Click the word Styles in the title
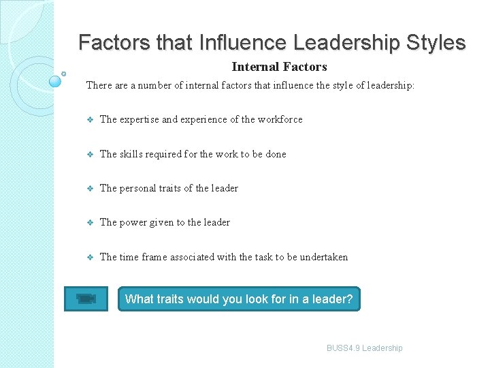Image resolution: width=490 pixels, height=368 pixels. [x=433, y=42]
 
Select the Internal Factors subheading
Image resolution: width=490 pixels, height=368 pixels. [x=279, y=67]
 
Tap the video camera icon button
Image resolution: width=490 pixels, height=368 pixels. [x=86, y=298]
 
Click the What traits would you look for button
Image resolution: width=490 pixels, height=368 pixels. [x=239, y=298]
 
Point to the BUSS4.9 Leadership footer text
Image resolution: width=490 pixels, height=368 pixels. [x=364, y=348]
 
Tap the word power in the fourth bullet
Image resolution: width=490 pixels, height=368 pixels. [x=133, y=222]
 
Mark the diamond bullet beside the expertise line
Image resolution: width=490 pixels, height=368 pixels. [x=90, y=120]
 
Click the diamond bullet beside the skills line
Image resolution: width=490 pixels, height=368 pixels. [x=90, y=155]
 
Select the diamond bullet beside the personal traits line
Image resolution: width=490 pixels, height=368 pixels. [x=90, y=189]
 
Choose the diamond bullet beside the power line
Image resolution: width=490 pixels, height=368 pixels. [x=90, y=223]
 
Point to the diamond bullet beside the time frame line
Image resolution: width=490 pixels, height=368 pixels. [x=90, y=258]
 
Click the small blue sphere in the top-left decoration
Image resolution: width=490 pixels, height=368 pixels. [x=56, y=81]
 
